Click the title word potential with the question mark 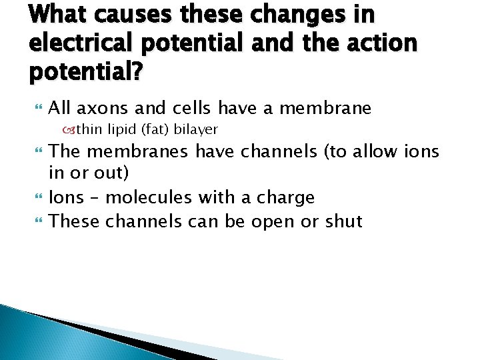coord(85,71)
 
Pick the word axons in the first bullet coord(113,108)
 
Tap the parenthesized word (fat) coord(152,128)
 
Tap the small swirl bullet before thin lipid coord(69,128)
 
